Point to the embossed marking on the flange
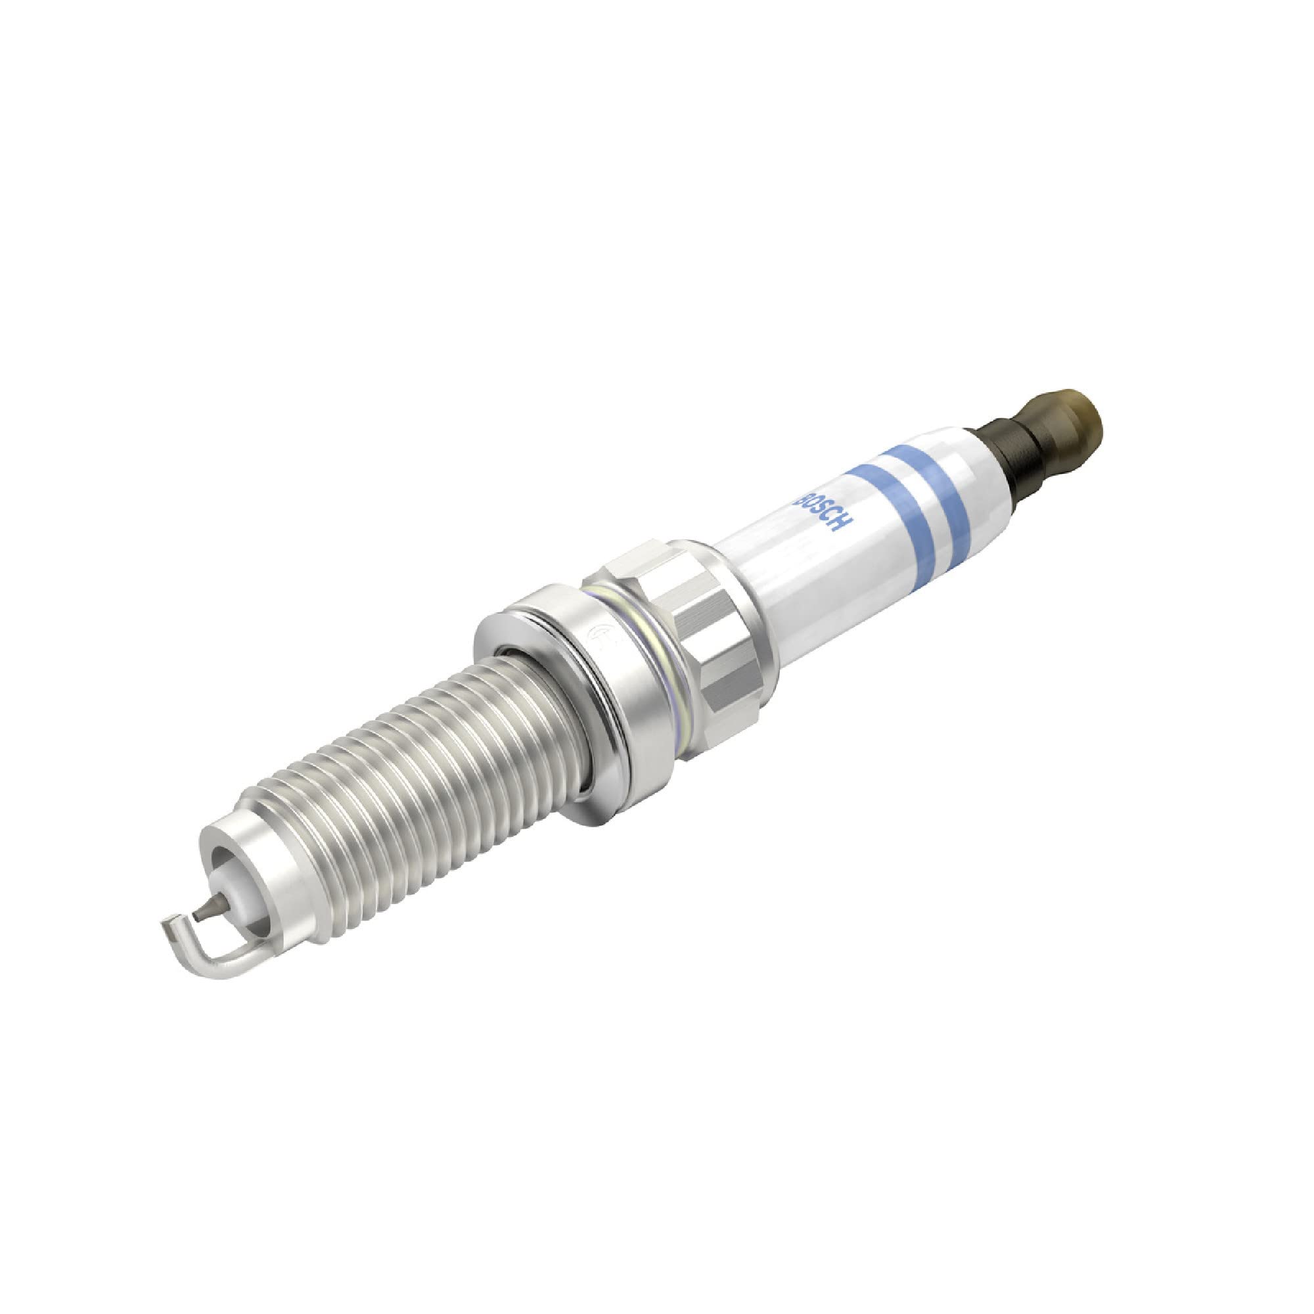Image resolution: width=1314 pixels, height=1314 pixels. (x=599, y=636)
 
